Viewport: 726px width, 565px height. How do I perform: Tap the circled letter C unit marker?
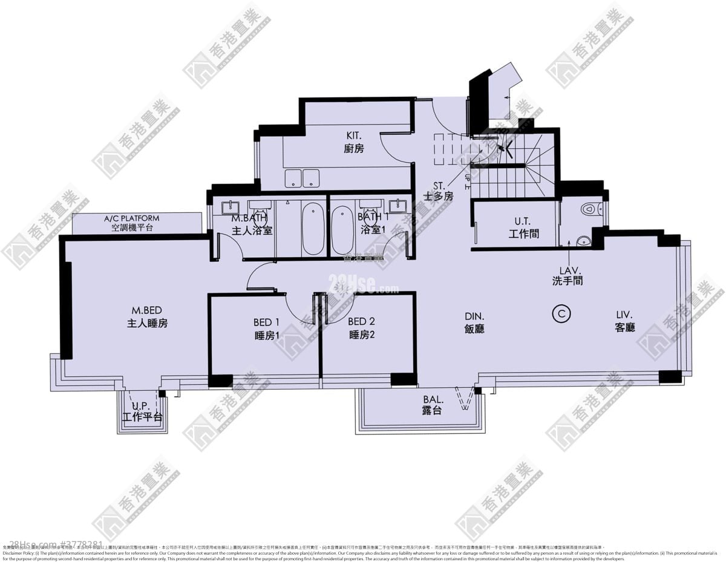[562, 313]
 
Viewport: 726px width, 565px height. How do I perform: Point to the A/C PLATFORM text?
[132, 218]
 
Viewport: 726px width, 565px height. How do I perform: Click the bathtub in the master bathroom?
[313, 229]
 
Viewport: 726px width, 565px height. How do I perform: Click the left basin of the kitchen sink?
[293, 178]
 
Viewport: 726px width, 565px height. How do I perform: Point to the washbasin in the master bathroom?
[230, 207]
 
